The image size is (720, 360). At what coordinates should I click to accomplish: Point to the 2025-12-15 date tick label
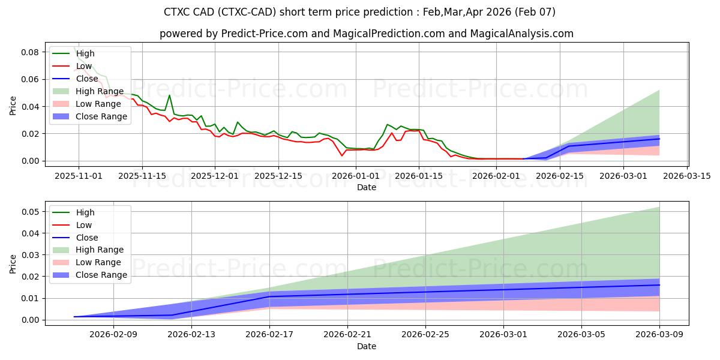pos(278,176)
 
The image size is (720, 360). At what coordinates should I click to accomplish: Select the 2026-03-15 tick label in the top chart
pos(687,176)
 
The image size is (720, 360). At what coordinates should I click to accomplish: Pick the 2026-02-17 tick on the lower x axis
pos(269,335)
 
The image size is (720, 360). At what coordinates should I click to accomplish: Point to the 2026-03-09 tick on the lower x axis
pos(659,335)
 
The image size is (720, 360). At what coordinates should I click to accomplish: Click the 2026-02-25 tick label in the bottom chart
pos(425,335)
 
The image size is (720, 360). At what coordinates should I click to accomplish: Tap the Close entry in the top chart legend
pos(88,79)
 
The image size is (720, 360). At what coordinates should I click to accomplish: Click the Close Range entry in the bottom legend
pos(101,275)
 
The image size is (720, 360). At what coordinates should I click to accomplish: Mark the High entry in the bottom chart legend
pos(85,212)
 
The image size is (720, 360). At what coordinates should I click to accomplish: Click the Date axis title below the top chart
pos(366,187)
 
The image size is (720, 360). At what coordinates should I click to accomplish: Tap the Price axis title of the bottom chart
pos(13,263)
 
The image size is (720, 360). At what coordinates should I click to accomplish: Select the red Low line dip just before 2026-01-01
pos(342,155)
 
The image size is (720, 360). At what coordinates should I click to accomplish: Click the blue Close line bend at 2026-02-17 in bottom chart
pos(269,296)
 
